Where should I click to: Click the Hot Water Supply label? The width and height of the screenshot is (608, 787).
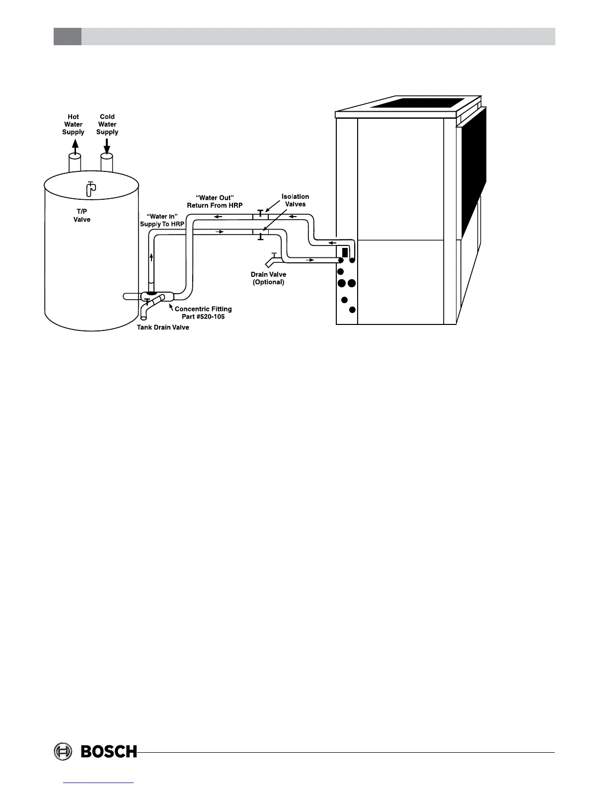[x=73, y=125]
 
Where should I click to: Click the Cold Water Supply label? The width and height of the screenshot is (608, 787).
[x=107, y=125]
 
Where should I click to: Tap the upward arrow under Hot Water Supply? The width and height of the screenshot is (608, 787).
[x=75, y=146]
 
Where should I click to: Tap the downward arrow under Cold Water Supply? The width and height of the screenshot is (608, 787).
[x=107, y=146]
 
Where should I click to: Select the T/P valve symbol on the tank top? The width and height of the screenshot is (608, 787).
[x=90, y=189]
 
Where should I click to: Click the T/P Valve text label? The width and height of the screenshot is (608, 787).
[x=82, y=216]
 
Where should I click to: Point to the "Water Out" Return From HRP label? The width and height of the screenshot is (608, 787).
[x=215, y=201]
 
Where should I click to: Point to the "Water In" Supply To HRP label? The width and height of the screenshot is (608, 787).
[x=162, y=220]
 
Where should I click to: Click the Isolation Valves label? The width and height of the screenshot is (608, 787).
[x=295, y=200]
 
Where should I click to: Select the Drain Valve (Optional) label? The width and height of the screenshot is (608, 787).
[x=268, y=278]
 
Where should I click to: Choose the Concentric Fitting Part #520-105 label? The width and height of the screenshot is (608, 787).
[x=203, y=313]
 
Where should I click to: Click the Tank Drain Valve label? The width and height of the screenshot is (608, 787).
[x=163, y=327]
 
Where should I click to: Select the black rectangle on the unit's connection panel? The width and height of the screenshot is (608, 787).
[x=345, y=251]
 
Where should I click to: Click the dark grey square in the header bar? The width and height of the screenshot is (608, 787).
[x=68, y=36]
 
